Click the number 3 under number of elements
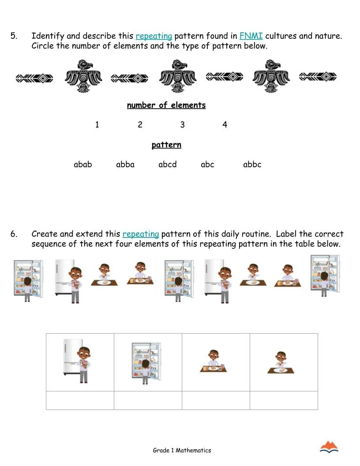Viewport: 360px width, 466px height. [x=182, y=125]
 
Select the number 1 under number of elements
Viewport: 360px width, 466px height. [x=97, y=125]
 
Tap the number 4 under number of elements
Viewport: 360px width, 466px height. [x=225, y=125]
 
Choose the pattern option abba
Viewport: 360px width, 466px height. [x=125, y=165]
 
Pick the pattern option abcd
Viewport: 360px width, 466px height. [x=168, y=165]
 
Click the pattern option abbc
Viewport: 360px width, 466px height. [x=252, y=165]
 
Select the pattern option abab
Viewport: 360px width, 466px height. [x=83, y=165]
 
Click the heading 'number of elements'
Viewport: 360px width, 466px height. [x=166, y=105]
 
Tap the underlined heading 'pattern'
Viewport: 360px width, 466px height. [x=166, y=145]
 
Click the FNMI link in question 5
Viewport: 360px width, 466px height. [x=251, y=36]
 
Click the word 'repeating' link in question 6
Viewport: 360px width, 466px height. [x=140, y=234]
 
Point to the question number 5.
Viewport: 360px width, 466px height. [x=14, y=36]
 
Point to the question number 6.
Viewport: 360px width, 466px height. [x=14, y=234]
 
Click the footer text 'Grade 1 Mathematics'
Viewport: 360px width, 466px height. [x=182, y=451]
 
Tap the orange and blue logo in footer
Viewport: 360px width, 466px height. [x=329, y=447]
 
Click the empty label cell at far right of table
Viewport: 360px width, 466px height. [x=284, y=400]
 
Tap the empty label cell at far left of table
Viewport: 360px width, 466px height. [x=80, y=400]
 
